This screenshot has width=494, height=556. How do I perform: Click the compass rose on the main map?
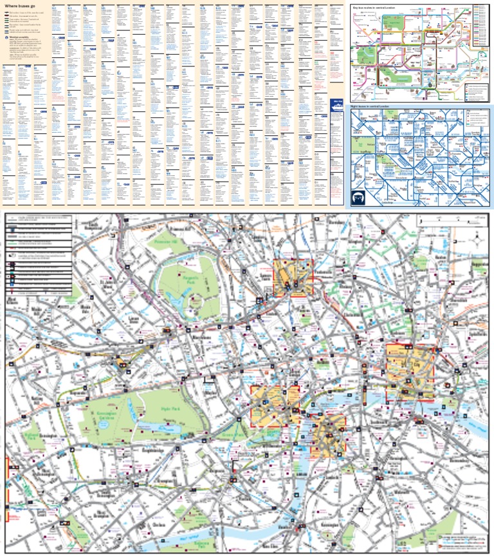[477, 242]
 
